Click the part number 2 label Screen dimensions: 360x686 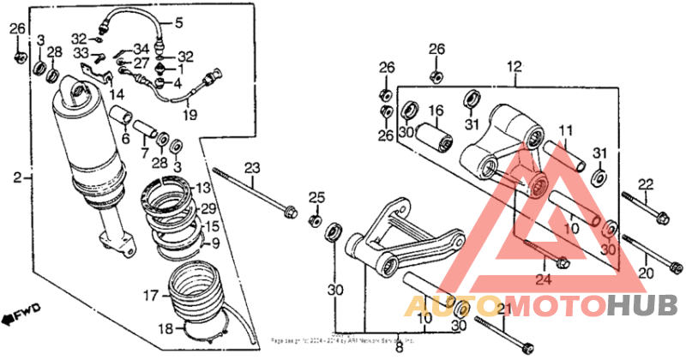(x=16, y=178)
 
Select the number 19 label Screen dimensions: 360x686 (x=190, y=114)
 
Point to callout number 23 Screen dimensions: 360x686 (x=251, y=167)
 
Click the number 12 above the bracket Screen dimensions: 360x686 (x=514, y=67)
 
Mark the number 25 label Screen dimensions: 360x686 (x=316, y=199)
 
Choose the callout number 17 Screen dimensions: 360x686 (x=149, y=296)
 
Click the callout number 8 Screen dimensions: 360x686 (x=398, y=348)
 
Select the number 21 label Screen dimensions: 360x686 (x=503, y=309)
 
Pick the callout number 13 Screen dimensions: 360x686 (x=202, y=188)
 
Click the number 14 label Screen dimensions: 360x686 (x=117, y=93)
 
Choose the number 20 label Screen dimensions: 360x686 (x=646, y=273)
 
